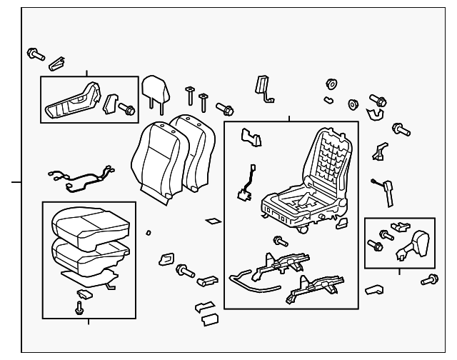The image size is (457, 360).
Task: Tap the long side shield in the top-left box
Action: coord(74,102)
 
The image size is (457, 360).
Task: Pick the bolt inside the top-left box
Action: coord(128,110)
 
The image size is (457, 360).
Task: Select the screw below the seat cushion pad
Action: coord(79,308)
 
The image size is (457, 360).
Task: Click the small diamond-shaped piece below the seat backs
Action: coord(213,221)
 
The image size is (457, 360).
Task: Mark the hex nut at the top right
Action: coord(331,84)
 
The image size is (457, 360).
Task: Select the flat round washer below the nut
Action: coord(352,104)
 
